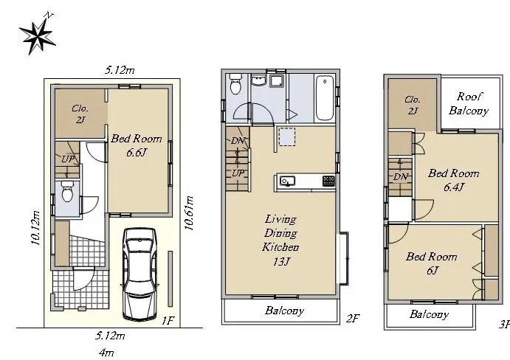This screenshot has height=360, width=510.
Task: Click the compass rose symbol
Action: point(38,35)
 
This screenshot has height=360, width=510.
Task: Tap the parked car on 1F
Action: point(139,273)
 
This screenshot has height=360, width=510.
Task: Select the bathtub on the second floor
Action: point(325,98)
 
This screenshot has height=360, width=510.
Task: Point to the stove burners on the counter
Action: point(328,181)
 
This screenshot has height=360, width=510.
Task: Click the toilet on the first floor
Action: point(68,191)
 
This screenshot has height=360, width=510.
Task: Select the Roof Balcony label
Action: point(469,103)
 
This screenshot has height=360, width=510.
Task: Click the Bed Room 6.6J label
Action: point(137,145)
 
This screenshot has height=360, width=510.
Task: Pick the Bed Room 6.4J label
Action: point(454,179)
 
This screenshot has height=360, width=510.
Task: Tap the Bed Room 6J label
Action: point(432,263)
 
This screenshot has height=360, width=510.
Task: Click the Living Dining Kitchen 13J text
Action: point(280,240)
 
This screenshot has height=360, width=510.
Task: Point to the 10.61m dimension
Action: point(189,213)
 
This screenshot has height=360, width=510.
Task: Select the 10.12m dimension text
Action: point(35,228)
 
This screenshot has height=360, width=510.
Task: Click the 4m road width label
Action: point(106,352)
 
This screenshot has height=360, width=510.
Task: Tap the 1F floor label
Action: point(168,322)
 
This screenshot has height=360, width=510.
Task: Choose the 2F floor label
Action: point(353,318)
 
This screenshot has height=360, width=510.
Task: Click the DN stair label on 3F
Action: point(400,176)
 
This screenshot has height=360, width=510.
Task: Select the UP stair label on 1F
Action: point(68,159)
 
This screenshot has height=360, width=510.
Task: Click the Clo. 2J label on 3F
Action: point(413,105)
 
